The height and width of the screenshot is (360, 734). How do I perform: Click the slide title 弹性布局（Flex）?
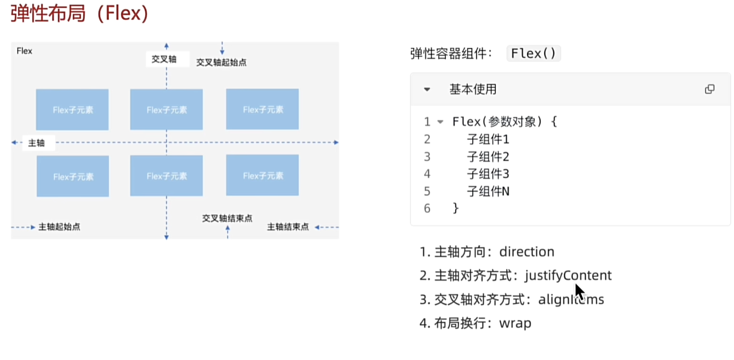(x=79, y=13)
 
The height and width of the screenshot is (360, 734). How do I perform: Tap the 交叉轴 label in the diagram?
(x=164, y=59)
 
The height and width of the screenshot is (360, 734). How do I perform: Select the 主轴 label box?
(x=37, y=143)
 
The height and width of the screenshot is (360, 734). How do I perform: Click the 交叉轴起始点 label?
(x=221, y=62)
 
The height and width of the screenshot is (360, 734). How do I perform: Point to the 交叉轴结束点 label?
(x=227, y=218)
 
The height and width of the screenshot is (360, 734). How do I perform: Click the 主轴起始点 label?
(x=59, y=227)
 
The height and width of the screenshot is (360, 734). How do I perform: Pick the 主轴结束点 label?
(x=288, y=227)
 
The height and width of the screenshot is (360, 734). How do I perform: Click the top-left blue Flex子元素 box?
(x=73, y=109)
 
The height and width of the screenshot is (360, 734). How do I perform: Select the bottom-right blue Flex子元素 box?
(x=262, y=176)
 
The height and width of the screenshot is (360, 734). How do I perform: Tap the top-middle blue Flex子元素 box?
(x=167, y=109)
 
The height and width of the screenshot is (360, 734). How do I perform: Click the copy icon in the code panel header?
(x=709, y=89)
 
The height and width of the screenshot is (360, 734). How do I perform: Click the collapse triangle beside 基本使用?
(x=427, y=90)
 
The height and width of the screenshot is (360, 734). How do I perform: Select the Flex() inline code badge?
(x=533, y=53)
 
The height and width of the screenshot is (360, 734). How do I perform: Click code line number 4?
(x=427, y=174)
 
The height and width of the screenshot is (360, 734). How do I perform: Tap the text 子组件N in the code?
(x=488, y=191)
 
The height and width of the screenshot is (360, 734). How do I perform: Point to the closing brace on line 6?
(x=455, y=208)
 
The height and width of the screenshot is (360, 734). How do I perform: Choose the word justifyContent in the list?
(x=568, y=276)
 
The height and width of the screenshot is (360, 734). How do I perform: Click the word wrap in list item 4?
(x=515, y=323)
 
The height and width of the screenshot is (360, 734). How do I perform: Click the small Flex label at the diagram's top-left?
(x=25, y=51)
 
